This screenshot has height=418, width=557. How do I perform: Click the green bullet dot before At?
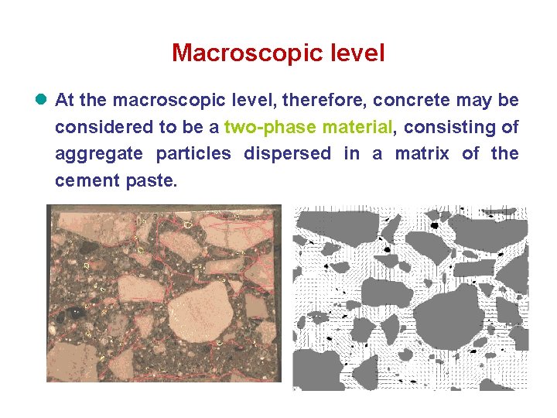pos(41,101)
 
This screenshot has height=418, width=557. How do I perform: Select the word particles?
pos(193,154)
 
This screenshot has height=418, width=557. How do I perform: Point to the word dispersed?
pos(287,154)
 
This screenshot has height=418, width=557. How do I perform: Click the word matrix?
pos(422,154)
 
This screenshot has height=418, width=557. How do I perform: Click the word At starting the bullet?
pos(65,101)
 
